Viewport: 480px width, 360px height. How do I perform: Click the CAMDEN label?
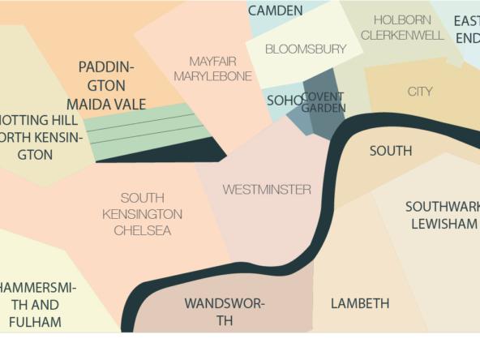(x=275, y=11)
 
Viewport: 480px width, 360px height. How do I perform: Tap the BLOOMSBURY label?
(x=306, y=49)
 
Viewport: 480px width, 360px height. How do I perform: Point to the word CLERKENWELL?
(x=402, y=35)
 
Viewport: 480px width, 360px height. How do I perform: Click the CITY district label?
(x=420, y=91)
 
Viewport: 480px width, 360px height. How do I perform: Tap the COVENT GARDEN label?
(x=323, y=102)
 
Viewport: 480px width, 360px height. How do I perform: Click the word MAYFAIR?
(x=212, y=61)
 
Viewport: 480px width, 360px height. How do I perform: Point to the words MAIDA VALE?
(x=106, y=104)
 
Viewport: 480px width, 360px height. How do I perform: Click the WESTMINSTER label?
(x=267, y=190)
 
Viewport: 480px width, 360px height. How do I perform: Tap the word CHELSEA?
(x=142, y=230)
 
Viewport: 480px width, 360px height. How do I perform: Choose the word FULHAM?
(x=35, y=322)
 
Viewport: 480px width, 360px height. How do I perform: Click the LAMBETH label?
(x=360, y=303)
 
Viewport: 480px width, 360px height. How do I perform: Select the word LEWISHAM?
(x=444, y=223)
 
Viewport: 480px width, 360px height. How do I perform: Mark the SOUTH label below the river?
(x=391, y=151)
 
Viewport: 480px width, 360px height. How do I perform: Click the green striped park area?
(x=146, y=128)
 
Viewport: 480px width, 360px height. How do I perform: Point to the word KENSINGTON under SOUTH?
(x=142, y=214)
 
